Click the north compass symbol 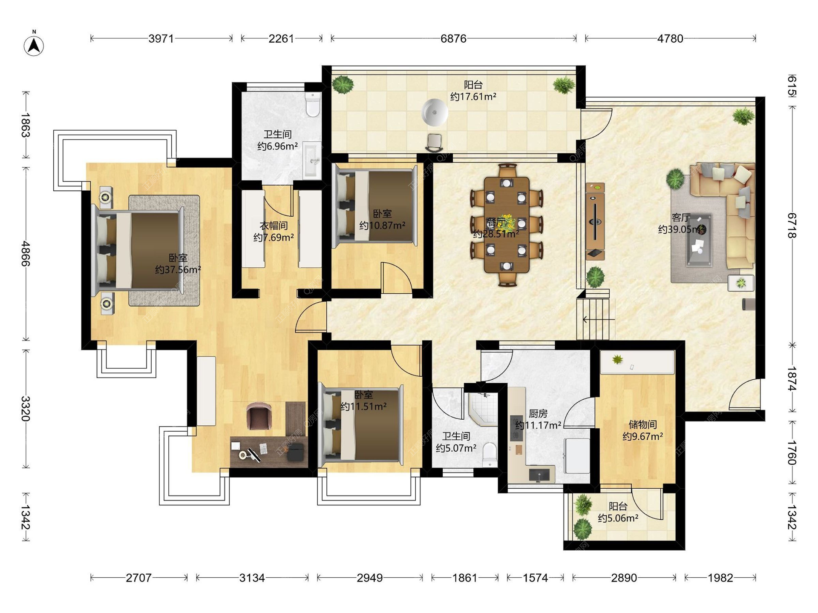pos(34,44)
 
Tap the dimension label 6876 pos(453,39)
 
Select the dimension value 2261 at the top pos(281,39)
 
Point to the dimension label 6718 pos(792,226)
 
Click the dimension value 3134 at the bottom pos(252,578)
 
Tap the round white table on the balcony pos(435,112)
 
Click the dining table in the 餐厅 pos(507,225)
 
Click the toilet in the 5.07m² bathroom pos(490,454)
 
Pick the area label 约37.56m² pos(178,269)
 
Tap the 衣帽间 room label pos(274,226)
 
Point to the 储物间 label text pos(642,424)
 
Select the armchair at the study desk pos(259,416)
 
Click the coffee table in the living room pos(699,240)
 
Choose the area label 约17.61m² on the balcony pos(473,97)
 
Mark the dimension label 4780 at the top pos(670,39)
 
